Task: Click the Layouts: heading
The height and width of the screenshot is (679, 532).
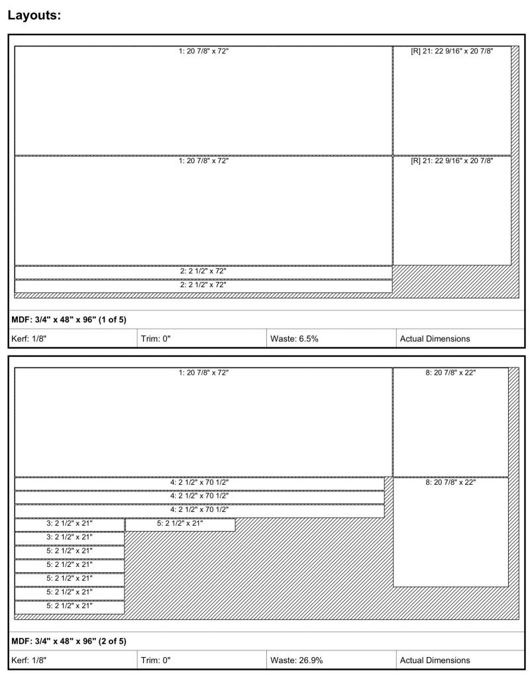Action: (x=34, y=14)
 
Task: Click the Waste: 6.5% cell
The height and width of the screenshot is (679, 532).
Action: (x=295, y=338)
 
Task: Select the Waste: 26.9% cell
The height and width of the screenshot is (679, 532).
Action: (x=297, y=660)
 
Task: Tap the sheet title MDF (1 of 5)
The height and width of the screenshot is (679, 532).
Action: (x=69, y=320)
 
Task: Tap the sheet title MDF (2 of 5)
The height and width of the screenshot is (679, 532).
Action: (x=69, y=641)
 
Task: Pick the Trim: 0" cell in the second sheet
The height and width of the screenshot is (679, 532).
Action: (x=156, y=660)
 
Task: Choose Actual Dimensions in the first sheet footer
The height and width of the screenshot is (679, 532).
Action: (x=435, y=338)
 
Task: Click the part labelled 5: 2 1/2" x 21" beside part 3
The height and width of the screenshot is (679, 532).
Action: (x=180, y=523)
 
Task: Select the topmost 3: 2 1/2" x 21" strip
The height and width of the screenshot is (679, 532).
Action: (x=70, y=523)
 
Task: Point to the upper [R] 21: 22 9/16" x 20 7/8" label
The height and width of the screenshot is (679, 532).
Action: (x=452, y=50)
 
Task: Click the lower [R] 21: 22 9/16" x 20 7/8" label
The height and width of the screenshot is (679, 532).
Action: (x=452, y=160)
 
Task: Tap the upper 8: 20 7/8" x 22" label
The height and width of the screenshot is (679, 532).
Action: (x=451, y=373)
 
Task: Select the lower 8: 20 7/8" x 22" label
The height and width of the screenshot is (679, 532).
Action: (x=451, y=482)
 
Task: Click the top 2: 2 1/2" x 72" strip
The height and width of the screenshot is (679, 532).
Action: (x=203, y=271)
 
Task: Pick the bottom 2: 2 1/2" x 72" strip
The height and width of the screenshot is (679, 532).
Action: (x=203, y=285)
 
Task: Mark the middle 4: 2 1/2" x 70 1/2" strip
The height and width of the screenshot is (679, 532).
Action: (x=199, y=496)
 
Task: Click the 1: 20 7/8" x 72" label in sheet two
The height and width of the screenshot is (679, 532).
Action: (x=203, y=373)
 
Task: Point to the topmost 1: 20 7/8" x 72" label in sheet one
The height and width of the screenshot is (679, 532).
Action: (x=203, y=50)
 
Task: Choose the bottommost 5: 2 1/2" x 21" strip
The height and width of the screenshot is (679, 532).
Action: (x=70, y=605)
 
